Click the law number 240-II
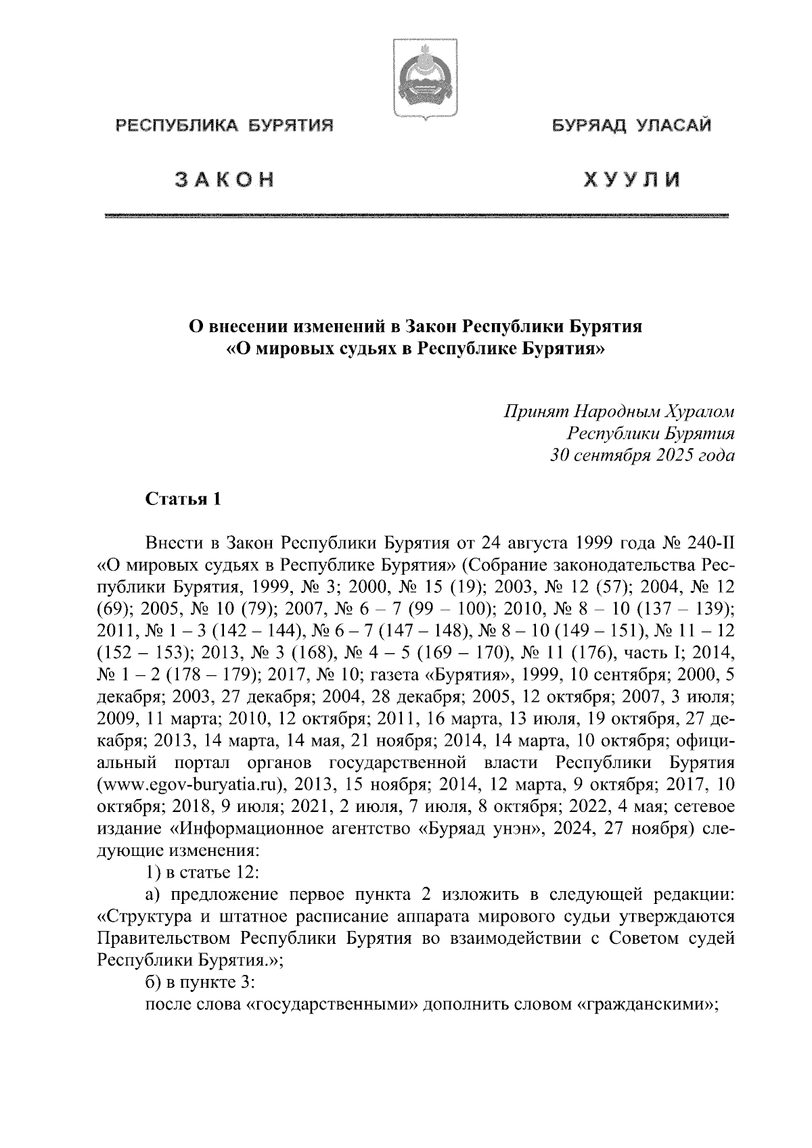708,543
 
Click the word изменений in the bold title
340,327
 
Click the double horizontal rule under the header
417,216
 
